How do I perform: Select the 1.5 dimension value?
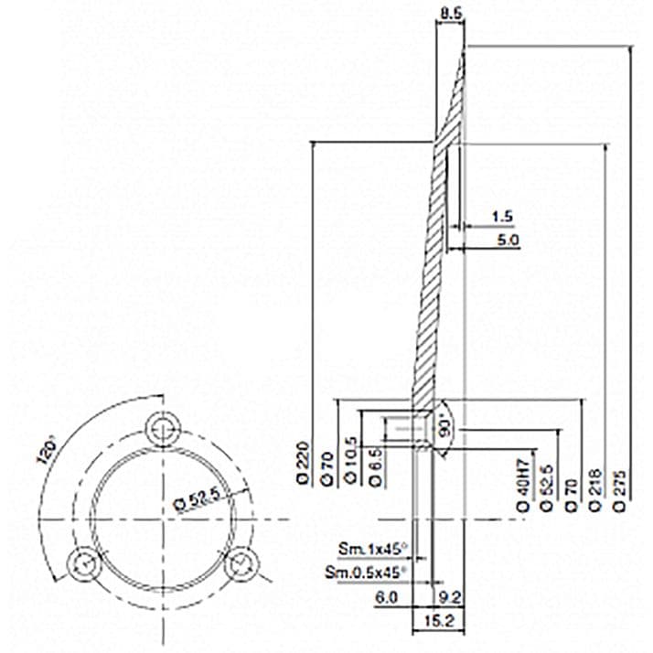pyautogui.click(x=501, y=217)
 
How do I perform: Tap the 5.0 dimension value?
pyautogui.click(x=507, y=241)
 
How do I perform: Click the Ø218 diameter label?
pyautogui.click(x=596, y=489)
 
